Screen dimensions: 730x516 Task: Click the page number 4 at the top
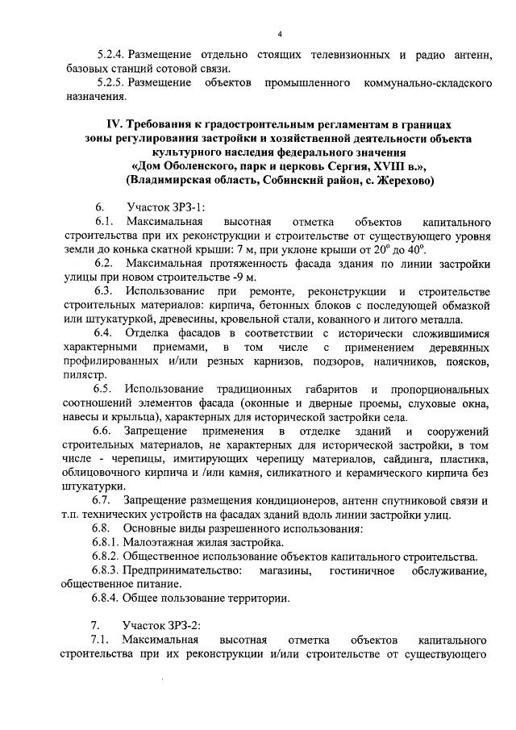tap(280, 34)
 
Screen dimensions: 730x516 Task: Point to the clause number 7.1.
tap(102, 640)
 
